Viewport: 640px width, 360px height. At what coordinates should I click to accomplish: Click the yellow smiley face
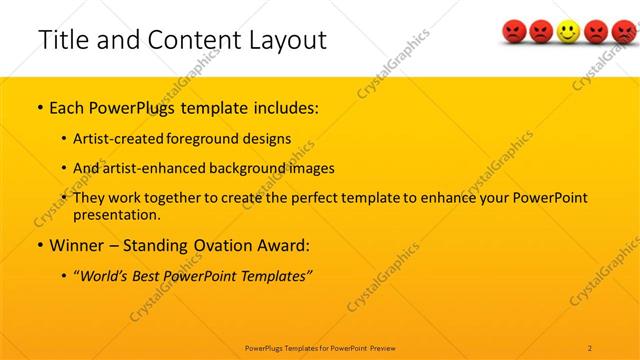pos(568,34)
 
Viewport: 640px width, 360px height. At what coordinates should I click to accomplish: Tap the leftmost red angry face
pos(514,34)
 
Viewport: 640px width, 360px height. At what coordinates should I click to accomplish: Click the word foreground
pos(206,139)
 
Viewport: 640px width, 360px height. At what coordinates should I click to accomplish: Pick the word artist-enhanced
pos(149,168)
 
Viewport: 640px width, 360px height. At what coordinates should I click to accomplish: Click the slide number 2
pos(590,347)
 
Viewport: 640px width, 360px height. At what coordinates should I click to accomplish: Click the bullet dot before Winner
pos(39,245)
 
